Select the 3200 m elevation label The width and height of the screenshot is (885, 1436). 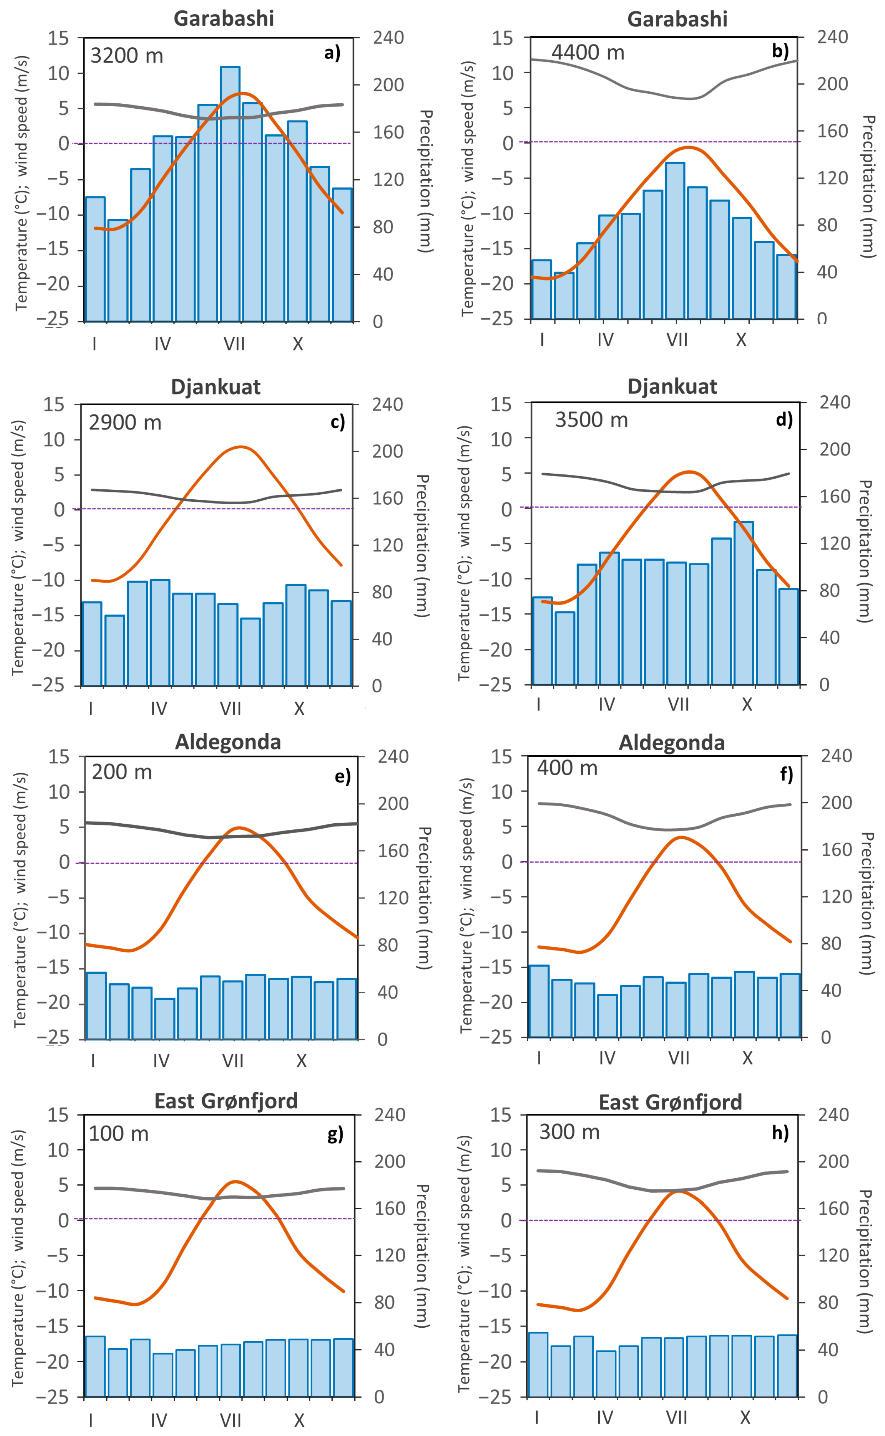[x=126, y=56]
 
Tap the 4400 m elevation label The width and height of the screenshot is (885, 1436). [x=588, y=53]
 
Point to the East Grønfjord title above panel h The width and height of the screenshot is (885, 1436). [x=670, y=1102]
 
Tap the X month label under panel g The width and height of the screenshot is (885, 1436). [x=299, y=1420]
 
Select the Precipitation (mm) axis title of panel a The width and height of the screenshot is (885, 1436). [x=426, y=181]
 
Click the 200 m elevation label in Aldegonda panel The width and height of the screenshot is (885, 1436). [x=122, y=772]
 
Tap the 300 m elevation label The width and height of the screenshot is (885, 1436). [x=569, y=1132]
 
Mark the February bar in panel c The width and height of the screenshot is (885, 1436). [x=115, y=650]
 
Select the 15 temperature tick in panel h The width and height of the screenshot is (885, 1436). [x=501, y=1115]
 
